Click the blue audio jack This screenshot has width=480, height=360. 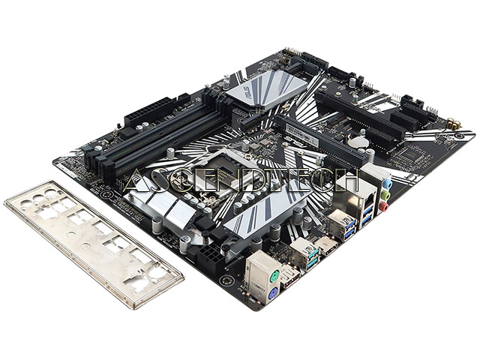388,183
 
